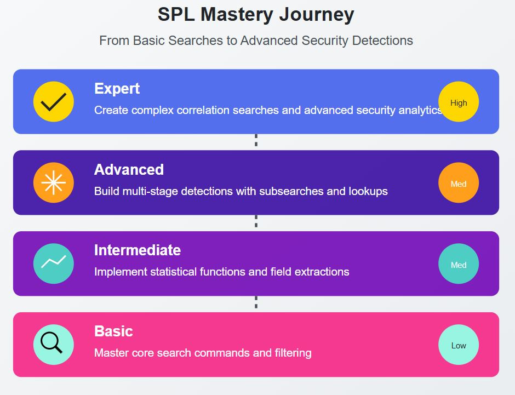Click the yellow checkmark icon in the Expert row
pyautogui.click(x=53, y=102)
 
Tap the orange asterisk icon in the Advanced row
pyautogui.click(x=53, y=183)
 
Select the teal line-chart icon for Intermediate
pyautogui.click(x=53, y=264)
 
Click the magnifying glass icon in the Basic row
pyautogui.click(x=53, y=345)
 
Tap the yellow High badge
pyautogui.click(x=459, y=102)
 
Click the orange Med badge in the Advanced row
pyautogui.click(x=459, y=183)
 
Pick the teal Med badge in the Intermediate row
pyautogui.click(x=459, y=264)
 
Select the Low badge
pyautogui.click(x=459, y=345)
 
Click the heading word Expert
pyautogui.click(x=117, y=89)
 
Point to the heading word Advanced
pyautogui.click(x=129, y=170)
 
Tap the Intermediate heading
pyautogui.click(x=137, y=250)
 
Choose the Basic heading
pyautogui.click(x=113, y=331)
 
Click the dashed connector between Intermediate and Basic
pyautogui.click(x=256, y=303)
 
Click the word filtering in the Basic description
pyautogui.click(x=290, y=353)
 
